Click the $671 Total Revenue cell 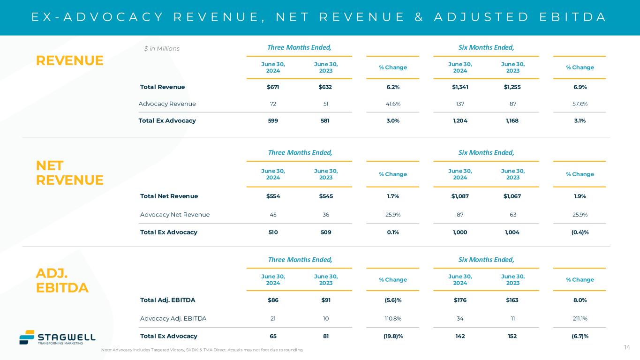273,87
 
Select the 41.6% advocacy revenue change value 393,104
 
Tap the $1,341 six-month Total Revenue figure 460,87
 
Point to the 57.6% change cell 580,104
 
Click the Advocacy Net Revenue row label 175,215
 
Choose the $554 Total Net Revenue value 273,196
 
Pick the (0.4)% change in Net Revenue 580,232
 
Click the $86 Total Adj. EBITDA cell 273,300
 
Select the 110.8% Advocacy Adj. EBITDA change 393,319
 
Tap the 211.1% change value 580,319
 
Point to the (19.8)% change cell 393,336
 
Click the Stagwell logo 57,337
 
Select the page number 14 627,347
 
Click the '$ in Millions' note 162,49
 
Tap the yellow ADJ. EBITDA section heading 62,280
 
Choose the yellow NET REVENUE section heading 69,172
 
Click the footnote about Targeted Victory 202,350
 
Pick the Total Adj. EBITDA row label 168,300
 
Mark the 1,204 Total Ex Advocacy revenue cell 460,120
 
